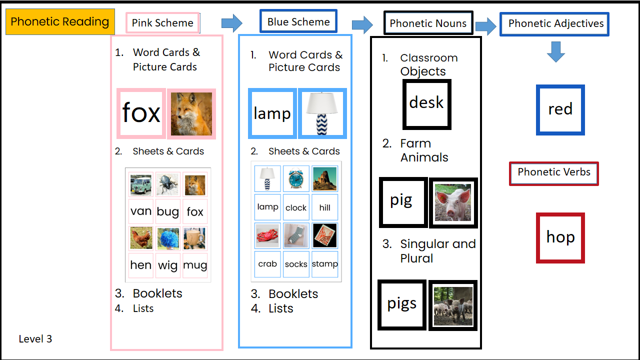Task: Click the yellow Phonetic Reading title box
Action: click(x=60, y=22)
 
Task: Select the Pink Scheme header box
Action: click(x=162, y=23)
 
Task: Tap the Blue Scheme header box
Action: click(x=298, y=22)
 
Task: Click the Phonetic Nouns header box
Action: click(x=428, y=23)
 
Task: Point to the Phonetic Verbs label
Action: click(x=553, y=173)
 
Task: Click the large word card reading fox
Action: click(x=141, y=113)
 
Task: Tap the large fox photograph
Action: click(x=191, y=113)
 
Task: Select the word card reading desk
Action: click(x=426, y=103)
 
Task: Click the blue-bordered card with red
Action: click(x=560, y=110)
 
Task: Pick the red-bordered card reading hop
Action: click(x=560, y=238)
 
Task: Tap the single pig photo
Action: click(x=453, y=202)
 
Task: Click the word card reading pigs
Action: click(x=402, y=304)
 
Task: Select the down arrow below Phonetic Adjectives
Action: click(x=555, y=51)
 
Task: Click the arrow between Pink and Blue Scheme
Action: click(x=231, y=22)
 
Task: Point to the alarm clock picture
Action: click(x=296, y=179)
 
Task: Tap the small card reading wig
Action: click(x=168, y=265)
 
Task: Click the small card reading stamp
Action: click(x=325, y=264)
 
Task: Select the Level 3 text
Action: click(x=35, y=339)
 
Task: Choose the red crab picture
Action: click(x=267, y=236)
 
